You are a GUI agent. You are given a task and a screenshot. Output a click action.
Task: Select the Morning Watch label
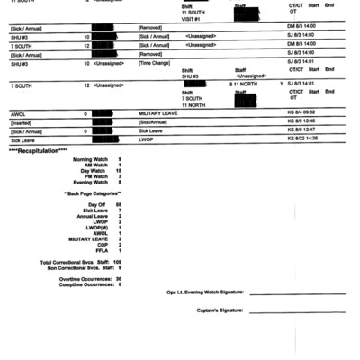pos(90,159)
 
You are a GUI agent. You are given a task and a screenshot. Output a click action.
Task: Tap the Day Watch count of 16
pos(118,171)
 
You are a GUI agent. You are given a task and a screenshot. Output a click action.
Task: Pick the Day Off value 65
pos(118,205)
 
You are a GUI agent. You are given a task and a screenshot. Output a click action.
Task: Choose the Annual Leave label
pos(93,216)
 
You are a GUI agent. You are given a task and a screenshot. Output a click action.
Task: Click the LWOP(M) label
pos(96,228)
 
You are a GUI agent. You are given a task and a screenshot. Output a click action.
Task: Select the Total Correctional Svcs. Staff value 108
pos(117,262)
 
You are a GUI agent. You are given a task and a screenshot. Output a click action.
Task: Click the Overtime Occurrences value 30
pos(118,279)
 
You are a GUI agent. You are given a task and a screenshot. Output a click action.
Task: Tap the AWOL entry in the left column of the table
pos(18,114)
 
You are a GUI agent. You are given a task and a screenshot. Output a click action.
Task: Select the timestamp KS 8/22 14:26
pos(302,139)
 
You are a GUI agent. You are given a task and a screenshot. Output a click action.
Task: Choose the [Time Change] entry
pos(154,65)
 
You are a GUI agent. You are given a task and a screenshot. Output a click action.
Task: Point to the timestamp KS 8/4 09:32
pos(301,114)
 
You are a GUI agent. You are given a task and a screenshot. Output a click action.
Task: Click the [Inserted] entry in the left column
pos(22,122)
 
